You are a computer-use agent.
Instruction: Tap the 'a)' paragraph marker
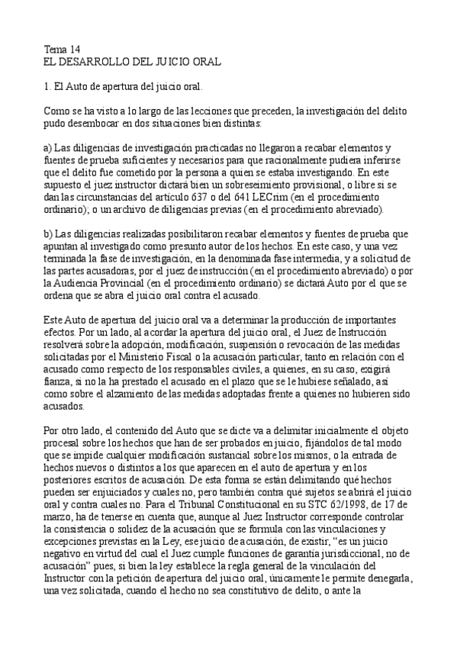click(48, 147)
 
